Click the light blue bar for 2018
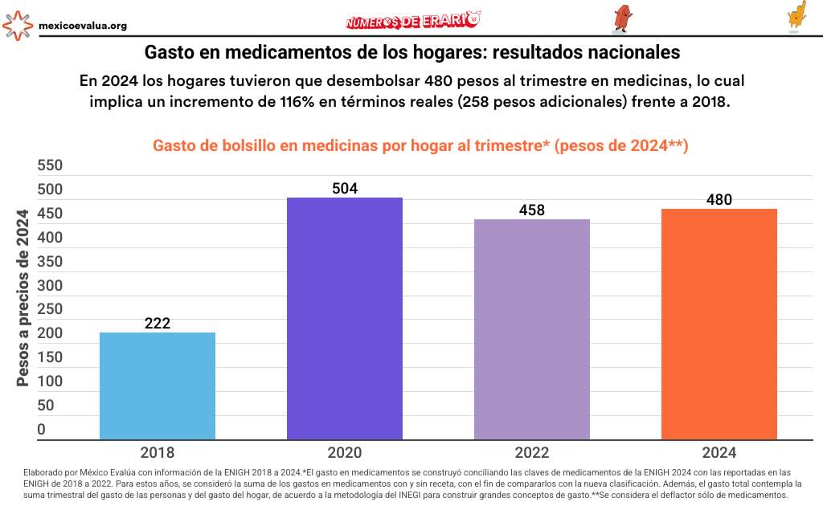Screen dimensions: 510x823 pos(157,386)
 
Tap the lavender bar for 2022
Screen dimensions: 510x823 pos(532,329)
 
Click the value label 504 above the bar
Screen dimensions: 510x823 pos(345,189)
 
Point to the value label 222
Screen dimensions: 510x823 pos(158,324)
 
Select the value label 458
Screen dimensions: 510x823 pos(532,210)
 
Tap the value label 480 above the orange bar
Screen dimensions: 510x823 pos(719,200)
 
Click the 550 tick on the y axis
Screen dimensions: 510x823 pos(50,166)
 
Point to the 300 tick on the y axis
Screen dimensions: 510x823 pos(50,286)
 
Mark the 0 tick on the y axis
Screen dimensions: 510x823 pos(42,430)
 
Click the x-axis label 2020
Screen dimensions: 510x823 pos(345,452)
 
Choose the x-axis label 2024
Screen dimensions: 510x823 pos(719,452)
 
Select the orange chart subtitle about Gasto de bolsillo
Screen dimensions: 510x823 pos(420,145)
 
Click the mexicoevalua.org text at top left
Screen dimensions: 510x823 pos(83,26)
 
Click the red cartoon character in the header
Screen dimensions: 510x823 pos(621,18)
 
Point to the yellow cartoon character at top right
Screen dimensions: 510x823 pos(796,16)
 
